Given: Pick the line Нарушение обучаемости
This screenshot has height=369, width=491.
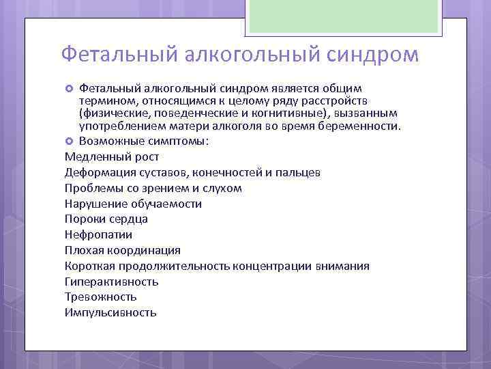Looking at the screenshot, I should click(x=133, y=204).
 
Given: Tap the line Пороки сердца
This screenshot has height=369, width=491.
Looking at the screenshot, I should click(x=106, y=219).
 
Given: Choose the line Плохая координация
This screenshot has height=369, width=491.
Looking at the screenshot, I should click(x=122, y=250).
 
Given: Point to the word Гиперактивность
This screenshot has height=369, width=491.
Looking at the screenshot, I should click(x=111, y=282).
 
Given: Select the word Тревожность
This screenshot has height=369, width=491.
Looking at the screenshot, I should click(x=100, y=297).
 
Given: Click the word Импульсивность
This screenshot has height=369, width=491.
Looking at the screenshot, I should click(x=110, y=313).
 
